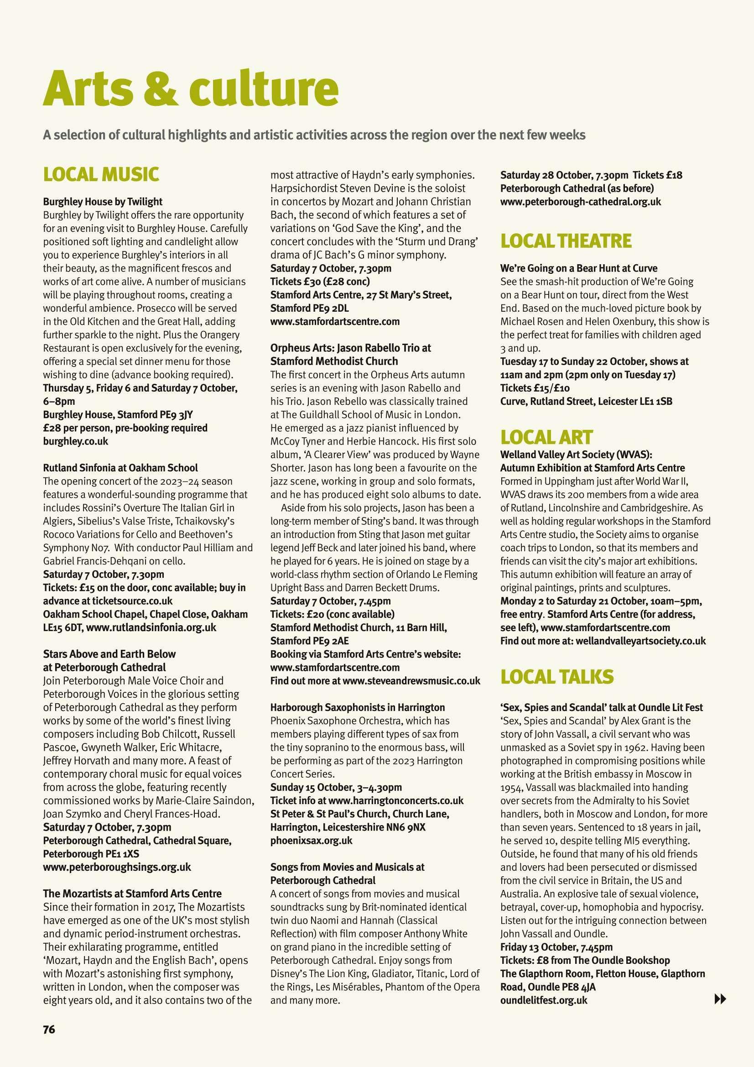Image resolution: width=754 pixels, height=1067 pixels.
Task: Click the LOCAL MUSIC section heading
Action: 101,174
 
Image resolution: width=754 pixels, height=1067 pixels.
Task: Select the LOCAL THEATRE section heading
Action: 566,241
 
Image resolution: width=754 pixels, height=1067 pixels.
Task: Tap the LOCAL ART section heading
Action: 546,437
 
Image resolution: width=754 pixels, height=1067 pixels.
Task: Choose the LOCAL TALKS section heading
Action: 556,677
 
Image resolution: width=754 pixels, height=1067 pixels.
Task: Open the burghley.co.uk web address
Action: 75,441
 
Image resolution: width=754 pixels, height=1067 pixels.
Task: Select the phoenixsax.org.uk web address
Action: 311,840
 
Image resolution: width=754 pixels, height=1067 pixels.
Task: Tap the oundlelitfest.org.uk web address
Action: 544,999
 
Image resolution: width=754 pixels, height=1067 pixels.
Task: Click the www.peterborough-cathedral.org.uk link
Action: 580,202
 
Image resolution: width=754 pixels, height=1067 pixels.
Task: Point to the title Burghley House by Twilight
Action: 103,202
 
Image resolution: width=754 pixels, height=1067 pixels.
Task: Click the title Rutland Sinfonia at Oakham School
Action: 120,467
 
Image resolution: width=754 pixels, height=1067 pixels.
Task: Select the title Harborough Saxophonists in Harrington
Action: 357,707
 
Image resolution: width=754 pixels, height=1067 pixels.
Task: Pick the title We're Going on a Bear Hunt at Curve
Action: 578,268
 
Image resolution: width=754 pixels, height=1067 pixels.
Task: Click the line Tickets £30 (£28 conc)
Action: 320,281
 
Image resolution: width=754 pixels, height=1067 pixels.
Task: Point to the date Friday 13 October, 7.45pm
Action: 556,947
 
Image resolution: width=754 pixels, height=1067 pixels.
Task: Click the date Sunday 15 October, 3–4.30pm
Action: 336,787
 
